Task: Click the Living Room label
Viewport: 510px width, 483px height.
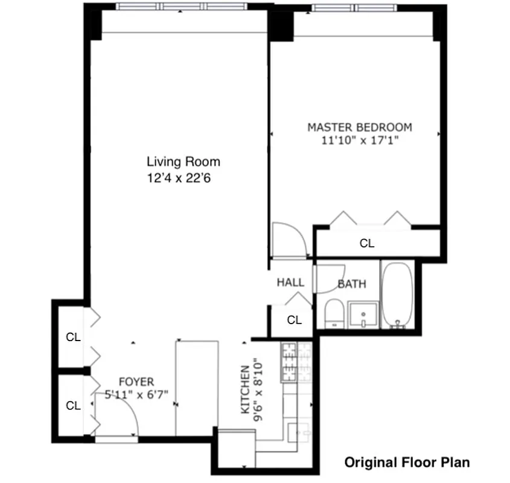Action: pos(183,162)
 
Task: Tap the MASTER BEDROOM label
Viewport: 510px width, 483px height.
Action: pos(360,127)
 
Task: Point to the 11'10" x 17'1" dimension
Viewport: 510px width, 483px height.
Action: pos(360,141)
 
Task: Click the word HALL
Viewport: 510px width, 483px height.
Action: pos(290,283)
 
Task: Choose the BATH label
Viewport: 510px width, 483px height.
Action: pos(351,284)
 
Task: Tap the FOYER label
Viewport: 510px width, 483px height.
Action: pos(136,382)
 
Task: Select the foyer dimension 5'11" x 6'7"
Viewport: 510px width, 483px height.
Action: pos(136,394)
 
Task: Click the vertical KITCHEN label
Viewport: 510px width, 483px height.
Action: pos(246,389)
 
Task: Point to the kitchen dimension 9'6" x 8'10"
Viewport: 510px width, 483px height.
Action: pos(260,385)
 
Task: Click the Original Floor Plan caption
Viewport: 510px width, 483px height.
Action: pos(407,462)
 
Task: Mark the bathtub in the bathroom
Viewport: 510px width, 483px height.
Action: pos(397,294)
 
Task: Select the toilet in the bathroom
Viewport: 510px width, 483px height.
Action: pos(334,314)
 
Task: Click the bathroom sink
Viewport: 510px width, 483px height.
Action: pos(364,314)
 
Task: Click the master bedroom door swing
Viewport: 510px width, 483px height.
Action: pos(288,239)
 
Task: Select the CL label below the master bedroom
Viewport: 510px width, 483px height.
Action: pos(366,244)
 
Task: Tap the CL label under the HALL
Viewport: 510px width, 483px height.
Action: pos(294,320)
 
